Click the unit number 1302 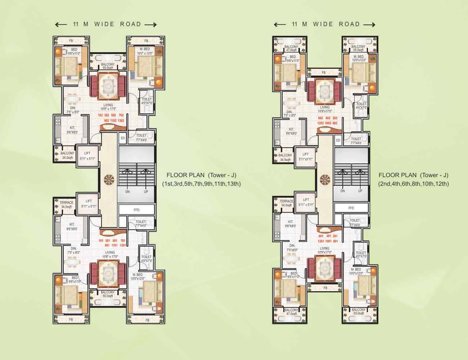click(x=121, y=121)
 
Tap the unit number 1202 click(x=320, y=123)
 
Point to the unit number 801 click(x=335, y=241)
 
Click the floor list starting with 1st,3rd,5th click(x=201, y=184)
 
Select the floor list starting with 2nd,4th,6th click(x=413, y=184)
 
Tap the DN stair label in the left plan click(x=127, y=192)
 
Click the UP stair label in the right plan click(x=360, y=191)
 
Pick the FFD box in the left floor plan click(x=136, y=210)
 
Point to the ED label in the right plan click(x=338, y=140)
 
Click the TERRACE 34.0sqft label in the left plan click(x=67, y=204)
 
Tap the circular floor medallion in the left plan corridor click(x=108, y=178)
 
